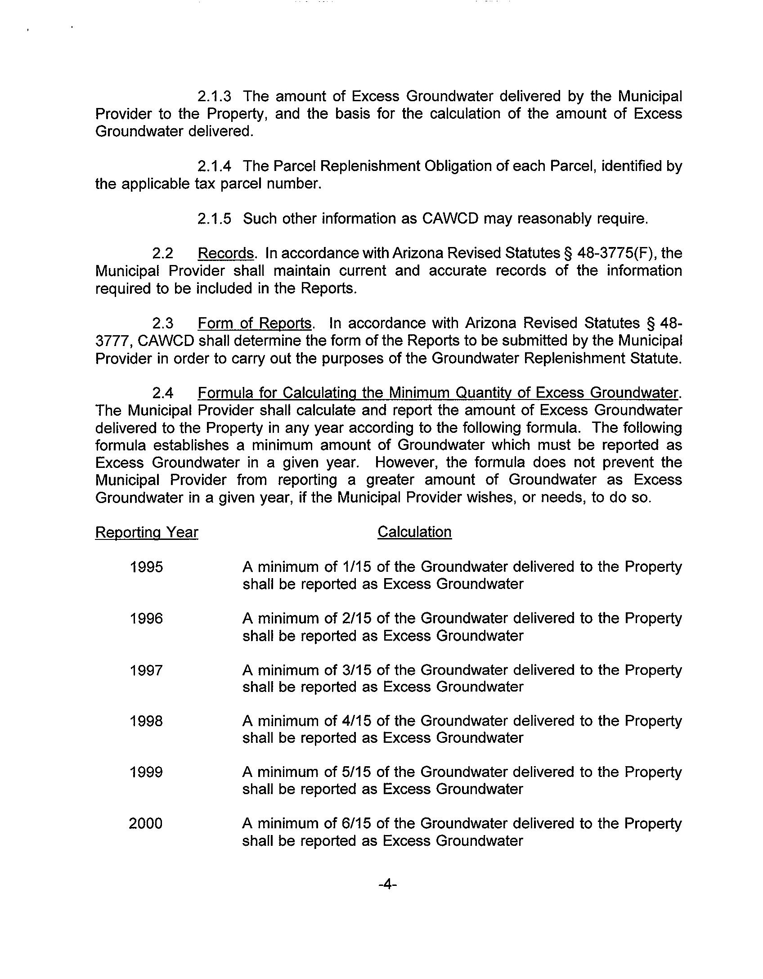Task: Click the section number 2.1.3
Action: click(214, 96)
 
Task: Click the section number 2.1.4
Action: click(214, 166)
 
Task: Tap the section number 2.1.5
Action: click(214, 219)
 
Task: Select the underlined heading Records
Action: click(226, 254)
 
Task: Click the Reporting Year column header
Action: click(147, 533)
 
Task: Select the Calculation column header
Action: click(414, 532)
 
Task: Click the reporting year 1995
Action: click(146, 567)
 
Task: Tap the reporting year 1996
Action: click(146, 619)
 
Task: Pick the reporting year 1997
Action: click(146, 670)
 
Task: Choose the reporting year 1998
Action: click(146, 722)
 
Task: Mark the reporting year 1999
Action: click(146, 773)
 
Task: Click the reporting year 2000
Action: click(146, 824)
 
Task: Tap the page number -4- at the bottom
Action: click(387, 885)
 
